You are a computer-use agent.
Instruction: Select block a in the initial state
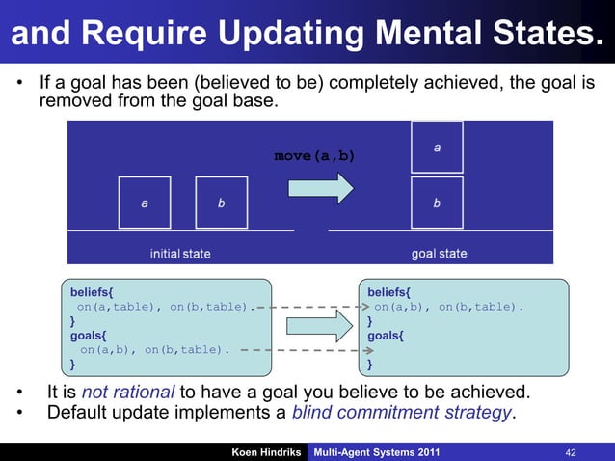pyautogui.click(x=145, y=203)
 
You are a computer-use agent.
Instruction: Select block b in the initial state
pyautogui.click(x=221, y=203)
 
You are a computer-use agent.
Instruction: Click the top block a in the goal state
pyautogui.click(x=437, y=148)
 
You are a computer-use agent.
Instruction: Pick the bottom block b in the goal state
pyautogui.click(x=437, y=203)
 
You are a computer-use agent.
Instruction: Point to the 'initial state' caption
pyautogui.click(x=179, y=254)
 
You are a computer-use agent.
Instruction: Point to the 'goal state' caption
pyautogui.click(x=439, y=254)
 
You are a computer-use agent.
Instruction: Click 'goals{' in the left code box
pyautogui.click(x=85, y=335)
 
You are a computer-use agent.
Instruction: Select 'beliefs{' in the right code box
pyautogui.click(x=388, y=290)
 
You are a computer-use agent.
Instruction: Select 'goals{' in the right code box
pyautogui.click(x=386, y=335)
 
